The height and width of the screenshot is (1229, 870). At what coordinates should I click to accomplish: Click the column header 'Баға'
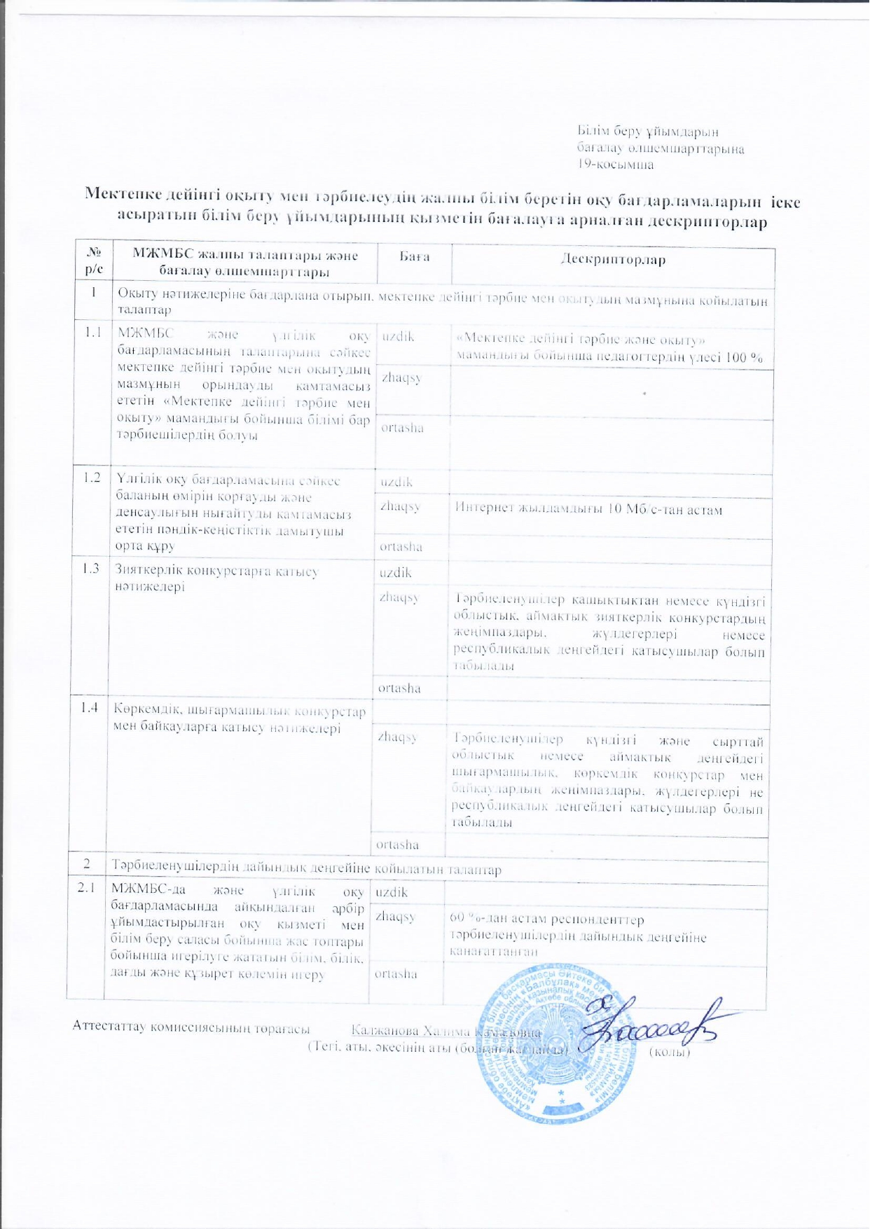pyautogui.click(x=414, y=257)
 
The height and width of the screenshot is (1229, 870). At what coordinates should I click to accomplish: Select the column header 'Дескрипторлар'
pyautogui.click(x=613, y=260)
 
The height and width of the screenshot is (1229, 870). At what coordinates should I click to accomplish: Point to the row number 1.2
pyautogui.click(x=91, y=478)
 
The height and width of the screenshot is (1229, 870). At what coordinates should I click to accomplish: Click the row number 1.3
pyautogui.click(x=89, y=568)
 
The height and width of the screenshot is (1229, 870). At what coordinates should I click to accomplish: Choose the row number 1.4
pyautogui.click(x=88, y=707)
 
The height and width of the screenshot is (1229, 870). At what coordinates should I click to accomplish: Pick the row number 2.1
pyautogui.click(x=85, y=888)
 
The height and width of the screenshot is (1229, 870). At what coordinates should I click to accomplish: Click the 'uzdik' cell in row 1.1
pyautogui.click(x=398, y=336)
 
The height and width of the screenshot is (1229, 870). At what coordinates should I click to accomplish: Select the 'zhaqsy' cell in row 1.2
pyautogui.click(x=400, y=506)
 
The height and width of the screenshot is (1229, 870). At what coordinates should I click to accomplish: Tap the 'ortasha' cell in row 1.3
pyautogui.click(x=399, y=688)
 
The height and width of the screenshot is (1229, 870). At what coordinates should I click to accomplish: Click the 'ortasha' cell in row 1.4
pyautogui.click(x=397, y=845)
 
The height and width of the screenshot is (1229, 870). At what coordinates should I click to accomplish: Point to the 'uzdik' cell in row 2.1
pyautogui.click(x=392, y=891)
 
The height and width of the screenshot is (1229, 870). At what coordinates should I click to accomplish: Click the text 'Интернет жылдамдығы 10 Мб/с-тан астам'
pyautogui.click(x=588, y=509)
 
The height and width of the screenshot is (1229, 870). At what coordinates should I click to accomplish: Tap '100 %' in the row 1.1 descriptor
pyautogui.click(x=745, y=356)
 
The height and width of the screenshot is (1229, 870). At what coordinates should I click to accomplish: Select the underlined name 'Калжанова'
pyautogui.click(x=385, y=1031)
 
